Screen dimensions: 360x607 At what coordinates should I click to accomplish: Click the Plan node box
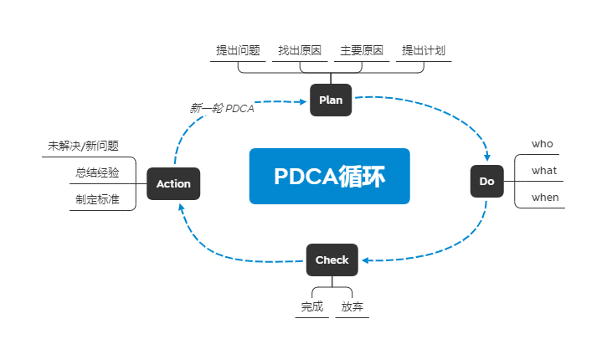[331, 100]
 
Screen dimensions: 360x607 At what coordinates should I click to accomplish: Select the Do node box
[486, 182]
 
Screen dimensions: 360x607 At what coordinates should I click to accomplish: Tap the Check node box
[332, 260]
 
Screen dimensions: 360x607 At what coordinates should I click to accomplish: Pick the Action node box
[174, 183]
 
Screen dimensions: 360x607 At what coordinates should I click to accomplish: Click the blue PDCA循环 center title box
[329, 176]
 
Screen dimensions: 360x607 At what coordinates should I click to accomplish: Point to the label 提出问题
[238, 50]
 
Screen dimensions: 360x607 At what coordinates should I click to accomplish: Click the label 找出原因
[300, 50]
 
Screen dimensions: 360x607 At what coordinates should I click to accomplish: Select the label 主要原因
[362, 50]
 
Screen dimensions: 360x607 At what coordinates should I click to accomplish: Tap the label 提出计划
[424, 50]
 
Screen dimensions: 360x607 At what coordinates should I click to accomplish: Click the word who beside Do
[543, 144]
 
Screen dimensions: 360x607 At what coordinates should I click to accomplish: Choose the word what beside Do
[544, 171]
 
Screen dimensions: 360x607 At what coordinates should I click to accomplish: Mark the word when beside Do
[545, 198]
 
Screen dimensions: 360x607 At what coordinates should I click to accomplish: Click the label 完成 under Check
[312, 306]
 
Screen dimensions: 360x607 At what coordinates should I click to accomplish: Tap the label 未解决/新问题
[83, 146]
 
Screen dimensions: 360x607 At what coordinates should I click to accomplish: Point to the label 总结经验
[97, 172]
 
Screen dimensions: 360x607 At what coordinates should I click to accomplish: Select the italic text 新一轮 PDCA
[222, 109]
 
